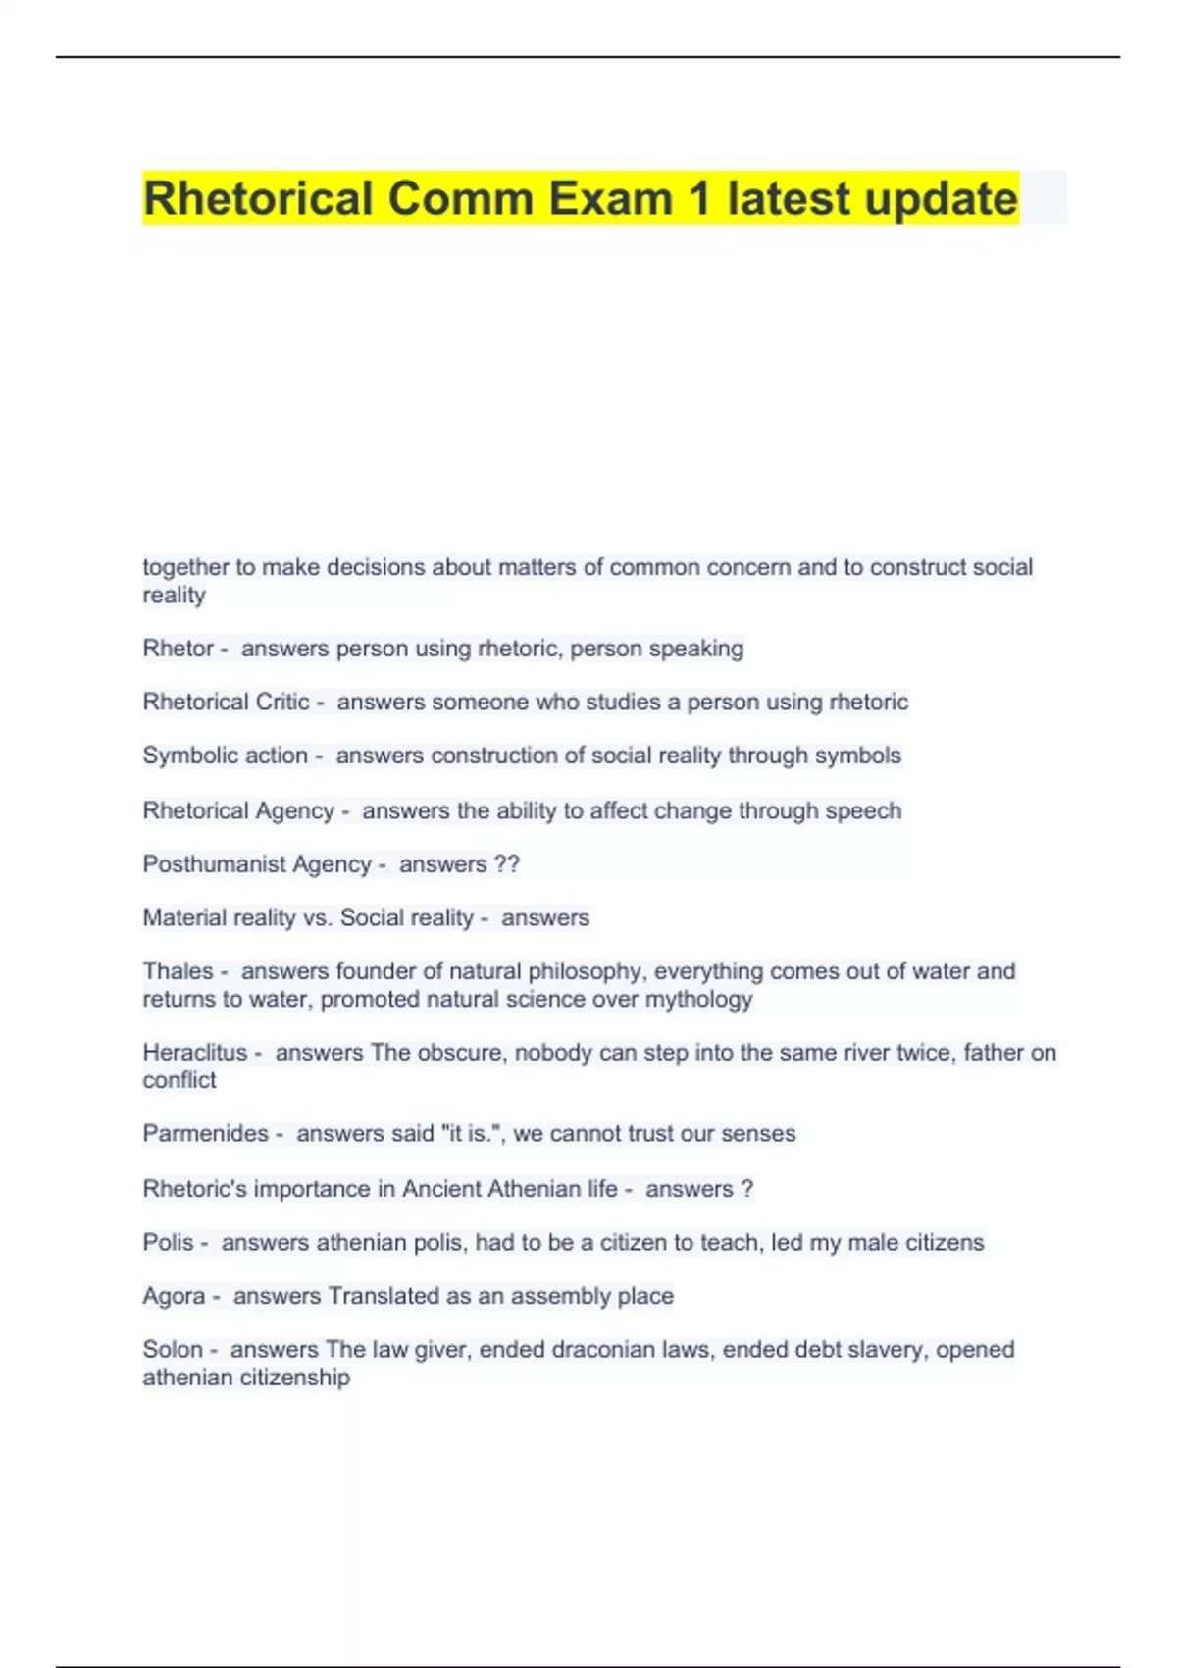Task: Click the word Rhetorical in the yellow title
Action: (258, 199)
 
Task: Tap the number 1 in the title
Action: (698, 199)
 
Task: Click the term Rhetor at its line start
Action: (178, 649)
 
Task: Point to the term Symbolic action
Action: (225, 756)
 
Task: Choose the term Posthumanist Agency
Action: (257, 864)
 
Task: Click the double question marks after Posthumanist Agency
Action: (507, 864)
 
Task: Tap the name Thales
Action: (178, 971)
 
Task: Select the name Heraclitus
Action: (195, 1053)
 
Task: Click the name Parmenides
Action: (205, 1134)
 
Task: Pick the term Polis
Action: (168, 1243)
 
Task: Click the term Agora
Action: (174, 1296)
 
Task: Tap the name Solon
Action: (173, 1350)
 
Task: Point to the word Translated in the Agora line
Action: (384, 1296)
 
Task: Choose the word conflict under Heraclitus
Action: (179, 1080)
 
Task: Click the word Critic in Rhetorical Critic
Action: (281, 703)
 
